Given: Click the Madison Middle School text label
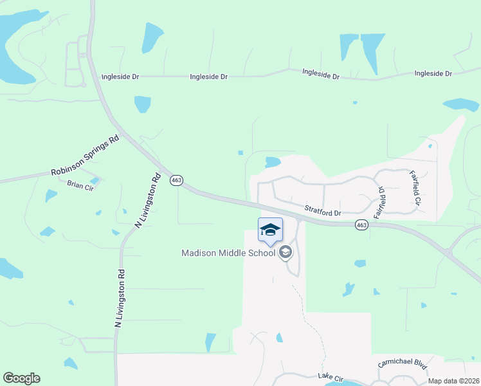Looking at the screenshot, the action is tap(228, 252).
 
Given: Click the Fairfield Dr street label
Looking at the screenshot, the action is tap(381, 201).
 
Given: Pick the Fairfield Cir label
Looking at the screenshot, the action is tap(416, 188).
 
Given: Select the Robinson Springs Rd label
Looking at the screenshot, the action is tap(86, 156).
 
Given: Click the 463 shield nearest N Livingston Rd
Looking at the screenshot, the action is tap(176, 180).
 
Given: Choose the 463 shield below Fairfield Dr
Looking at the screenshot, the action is tap(361, 225).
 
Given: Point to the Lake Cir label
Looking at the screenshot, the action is tap(331, 375).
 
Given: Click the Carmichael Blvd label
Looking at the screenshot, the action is tap(403, 363).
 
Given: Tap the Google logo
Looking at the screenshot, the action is tap(21, 378).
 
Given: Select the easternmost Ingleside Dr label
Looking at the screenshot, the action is tap(433, 73).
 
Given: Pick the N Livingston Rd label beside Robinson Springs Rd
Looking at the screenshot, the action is tap(147, 200).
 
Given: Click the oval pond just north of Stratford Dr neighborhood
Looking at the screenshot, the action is tap(273, 162).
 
